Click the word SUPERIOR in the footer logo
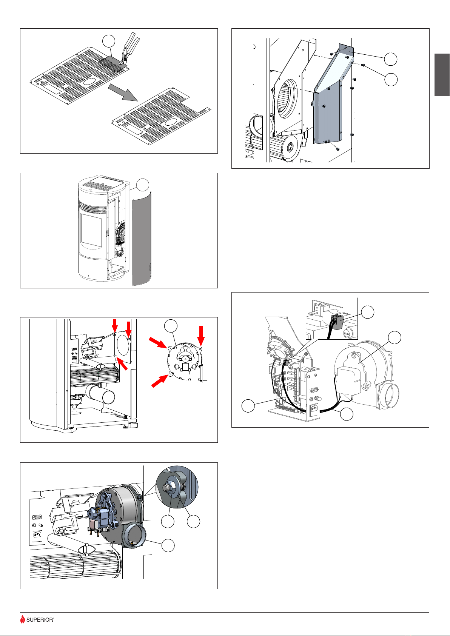(40, 619)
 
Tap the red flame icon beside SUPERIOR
(22, 619)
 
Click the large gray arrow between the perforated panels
(123, 92)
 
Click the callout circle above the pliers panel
(109, 41)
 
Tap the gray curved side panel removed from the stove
(142, 239)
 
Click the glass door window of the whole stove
(91, 230)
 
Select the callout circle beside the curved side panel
(143, 185)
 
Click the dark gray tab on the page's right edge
(442, 75)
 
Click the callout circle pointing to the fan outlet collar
(168, 545)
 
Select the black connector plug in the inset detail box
(337, 322)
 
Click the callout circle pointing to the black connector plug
(367, 312)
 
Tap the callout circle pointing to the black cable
(347, 414)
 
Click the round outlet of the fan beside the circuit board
(388, 395)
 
